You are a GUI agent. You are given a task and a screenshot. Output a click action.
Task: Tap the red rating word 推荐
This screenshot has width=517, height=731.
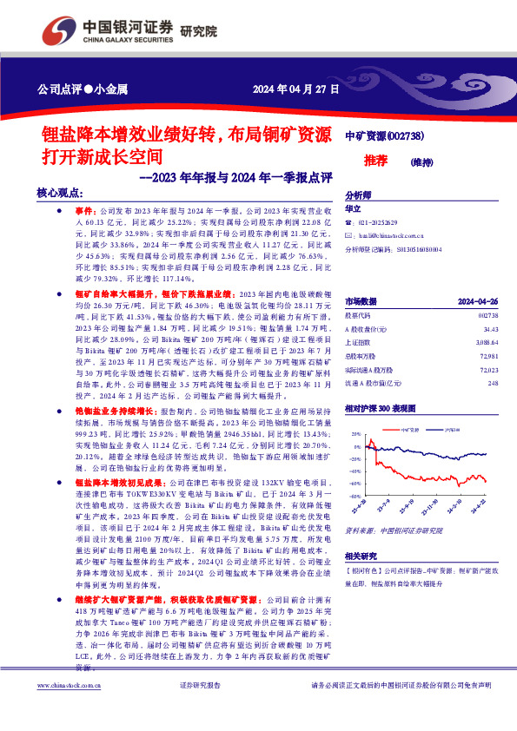375,161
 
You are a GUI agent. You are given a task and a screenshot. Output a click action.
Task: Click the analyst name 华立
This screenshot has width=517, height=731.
353,209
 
